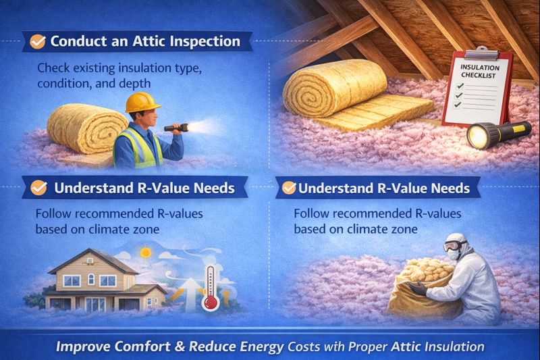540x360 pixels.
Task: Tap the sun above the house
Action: [144, 253]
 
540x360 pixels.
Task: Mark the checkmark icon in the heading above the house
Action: [38, 186]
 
